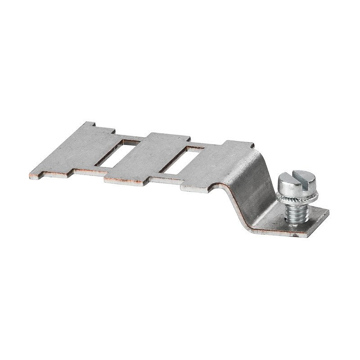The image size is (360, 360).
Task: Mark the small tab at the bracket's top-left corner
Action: [90, 125]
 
